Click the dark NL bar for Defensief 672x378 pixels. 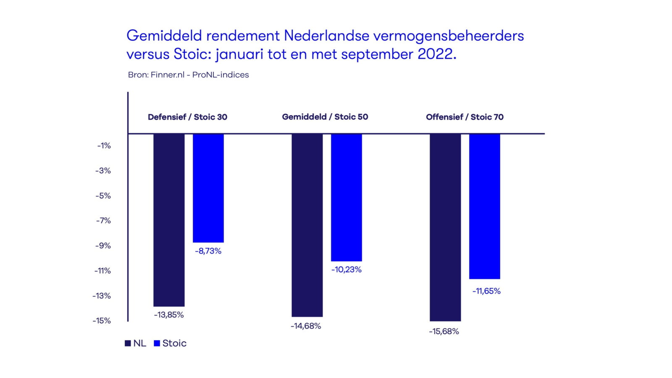(169, 220)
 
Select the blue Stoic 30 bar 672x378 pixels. (208, 188)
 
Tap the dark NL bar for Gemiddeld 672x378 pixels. (307, 225)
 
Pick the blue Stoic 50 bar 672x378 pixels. (346, 197)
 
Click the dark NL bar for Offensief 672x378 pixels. (445, 228)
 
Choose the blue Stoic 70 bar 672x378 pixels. (485, 206)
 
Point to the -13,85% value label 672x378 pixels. (169, 315)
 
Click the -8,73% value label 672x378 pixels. (208, 251)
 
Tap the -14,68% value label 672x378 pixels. (306, 326)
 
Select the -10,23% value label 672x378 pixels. (346, 270)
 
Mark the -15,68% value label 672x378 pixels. (444, 332)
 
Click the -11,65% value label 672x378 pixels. (486, 291)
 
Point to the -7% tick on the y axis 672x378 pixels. (103, 220)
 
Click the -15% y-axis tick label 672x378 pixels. (102, 321)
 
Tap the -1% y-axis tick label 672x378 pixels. (104, 146)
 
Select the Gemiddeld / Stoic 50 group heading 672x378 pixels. (325, 117)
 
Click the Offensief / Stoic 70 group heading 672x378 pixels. (465, 117)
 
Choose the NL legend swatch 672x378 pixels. (128, 343)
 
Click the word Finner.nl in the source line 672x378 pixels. (168, 75)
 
